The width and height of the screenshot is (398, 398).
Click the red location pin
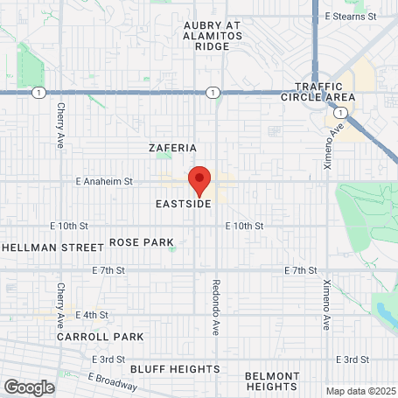(199, 179)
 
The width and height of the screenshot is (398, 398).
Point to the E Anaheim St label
(103, 181)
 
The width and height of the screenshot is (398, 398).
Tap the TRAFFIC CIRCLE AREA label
(325, 91)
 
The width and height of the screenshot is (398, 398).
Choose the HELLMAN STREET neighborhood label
(52, 248)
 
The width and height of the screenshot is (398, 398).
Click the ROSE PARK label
(141, 241)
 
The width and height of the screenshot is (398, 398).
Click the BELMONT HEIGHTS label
(271, 381)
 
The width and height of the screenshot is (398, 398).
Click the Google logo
(29, 387)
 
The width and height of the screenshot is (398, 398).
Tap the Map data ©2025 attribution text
(360, 390)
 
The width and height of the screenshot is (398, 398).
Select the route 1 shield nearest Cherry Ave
(37, 92)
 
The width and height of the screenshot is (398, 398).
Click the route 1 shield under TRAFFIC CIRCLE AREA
(338, 113)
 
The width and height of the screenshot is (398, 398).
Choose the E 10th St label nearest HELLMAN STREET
(70, 225)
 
